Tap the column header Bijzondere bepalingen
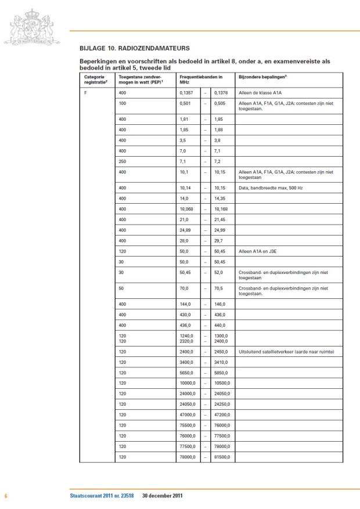262,76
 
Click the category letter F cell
85,93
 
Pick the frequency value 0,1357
186,93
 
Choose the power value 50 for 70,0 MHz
121,288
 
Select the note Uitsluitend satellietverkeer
280,352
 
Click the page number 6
5,496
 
